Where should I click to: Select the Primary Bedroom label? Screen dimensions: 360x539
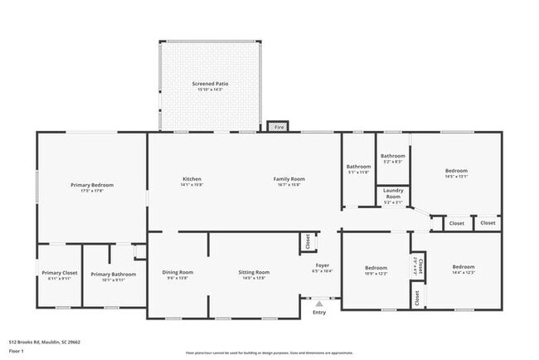[x=91, y=185]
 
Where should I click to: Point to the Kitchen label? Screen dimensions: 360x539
[x=192, y=179]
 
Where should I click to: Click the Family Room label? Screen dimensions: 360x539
[x=289, y=179]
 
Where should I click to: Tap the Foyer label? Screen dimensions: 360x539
[x=322, y=265]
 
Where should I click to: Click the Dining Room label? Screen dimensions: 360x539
[x=177, y=272]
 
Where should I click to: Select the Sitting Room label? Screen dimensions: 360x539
[x=255, y=272]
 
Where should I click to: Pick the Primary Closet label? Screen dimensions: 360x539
[x=59, y=274]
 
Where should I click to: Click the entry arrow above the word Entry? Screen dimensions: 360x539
[x=319, y=304]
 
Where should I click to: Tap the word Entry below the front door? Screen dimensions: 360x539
[x=319, y=313]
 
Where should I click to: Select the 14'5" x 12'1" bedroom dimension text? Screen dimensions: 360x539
[x=457, y=176]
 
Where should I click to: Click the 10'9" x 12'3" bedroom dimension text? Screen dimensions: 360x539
[x=376, y=273]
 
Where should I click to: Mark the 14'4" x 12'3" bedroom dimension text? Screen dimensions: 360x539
[x=463, y=272]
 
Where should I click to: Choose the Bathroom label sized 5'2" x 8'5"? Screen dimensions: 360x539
[x=392, y=156]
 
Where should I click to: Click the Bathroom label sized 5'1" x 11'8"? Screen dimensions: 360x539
[x=358, y=167]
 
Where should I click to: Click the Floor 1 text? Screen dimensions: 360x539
[x=17, y=351]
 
